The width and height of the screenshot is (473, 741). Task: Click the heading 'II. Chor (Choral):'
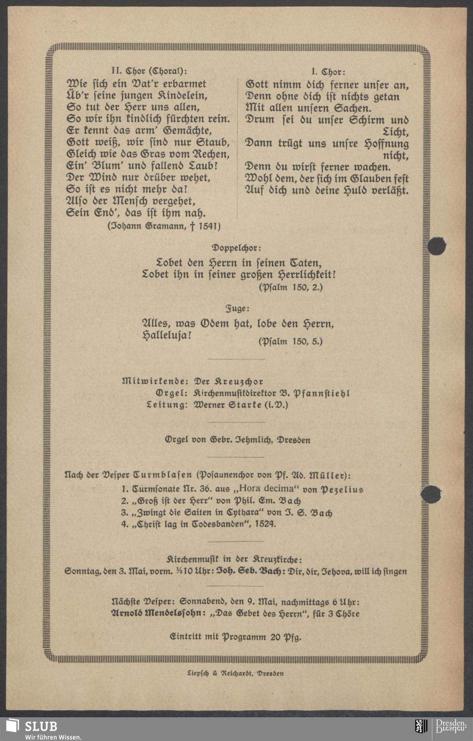(x=149, y=71)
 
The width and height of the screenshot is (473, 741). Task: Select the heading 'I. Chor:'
(x=328, y=72)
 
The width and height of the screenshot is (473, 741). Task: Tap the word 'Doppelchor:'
(x=236, y=248)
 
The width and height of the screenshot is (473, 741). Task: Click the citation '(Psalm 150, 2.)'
(x=290, y=287)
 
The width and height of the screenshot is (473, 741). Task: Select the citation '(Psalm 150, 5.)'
(x=290, y=341)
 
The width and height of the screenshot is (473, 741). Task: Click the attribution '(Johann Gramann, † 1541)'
(x=164, y=226)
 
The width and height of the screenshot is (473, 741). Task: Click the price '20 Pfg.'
(x=285, y=637)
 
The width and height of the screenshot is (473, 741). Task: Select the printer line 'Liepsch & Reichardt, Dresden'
(x=235, y=673)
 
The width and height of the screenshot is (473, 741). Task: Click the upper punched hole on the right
(x=436, y=246)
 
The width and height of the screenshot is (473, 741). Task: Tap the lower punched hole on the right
(x=430, y=494)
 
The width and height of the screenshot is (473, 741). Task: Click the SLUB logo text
(x=41, y=726)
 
